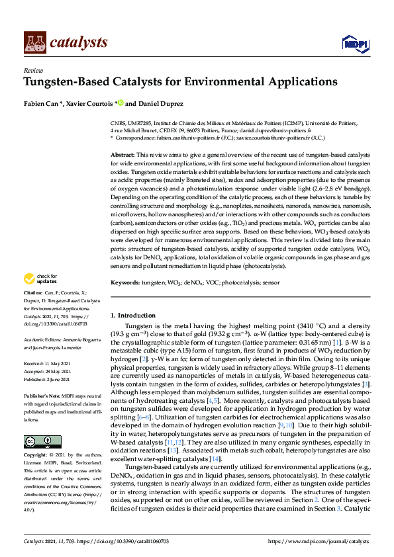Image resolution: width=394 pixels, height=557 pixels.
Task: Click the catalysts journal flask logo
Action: click(34, 42)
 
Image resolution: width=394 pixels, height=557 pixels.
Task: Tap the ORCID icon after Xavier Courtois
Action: click(121, 103)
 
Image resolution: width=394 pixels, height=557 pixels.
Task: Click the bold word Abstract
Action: click(124, 153)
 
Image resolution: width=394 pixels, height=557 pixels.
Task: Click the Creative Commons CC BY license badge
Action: click(38, 441)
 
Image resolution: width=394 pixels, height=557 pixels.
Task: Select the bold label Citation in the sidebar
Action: click(32, 310)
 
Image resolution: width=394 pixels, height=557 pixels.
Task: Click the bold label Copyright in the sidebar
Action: click(36, 456)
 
